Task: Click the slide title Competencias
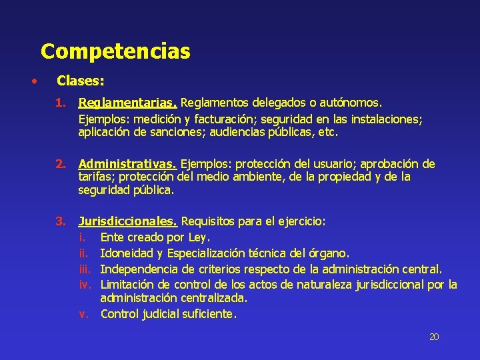tap(115, 51)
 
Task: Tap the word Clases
tap(80, 81)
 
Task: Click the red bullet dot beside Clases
tap(33, 82)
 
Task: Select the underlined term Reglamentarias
tap(127, 103)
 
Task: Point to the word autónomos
tap(352, 103)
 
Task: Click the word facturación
tap(213, 119)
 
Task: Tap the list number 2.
tap(60, 164)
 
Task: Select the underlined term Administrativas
tap(127, 164)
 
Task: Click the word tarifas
tap(96, 177)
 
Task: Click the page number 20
tap(434, 337)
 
